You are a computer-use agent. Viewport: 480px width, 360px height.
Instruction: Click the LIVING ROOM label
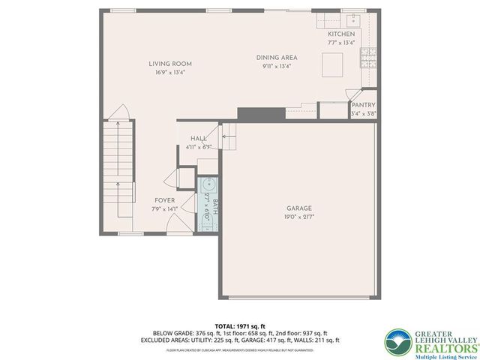click(170, 64)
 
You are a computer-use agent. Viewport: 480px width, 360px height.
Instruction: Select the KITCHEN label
click(341, 34)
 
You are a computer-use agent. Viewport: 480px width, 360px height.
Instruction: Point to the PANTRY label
click(363, 106)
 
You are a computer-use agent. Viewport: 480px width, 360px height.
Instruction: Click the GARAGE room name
click(298, 208)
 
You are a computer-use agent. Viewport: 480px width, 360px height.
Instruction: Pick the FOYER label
click(165, 200)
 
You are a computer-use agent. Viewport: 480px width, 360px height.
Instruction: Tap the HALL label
click(199, 139)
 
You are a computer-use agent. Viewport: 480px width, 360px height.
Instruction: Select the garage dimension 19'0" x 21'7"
click(298, 217)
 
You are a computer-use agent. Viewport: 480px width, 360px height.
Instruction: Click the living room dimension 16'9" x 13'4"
click(170, 73)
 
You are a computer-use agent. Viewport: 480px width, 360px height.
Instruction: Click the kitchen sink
click(352, 20)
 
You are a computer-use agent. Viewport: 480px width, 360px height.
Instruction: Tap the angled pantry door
click(350, 94)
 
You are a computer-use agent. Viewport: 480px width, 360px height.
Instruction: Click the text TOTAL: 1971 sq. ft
click(239, 325)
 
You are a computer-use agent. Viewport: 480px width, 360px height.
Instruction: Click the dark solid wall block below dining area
click(252, 113)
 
